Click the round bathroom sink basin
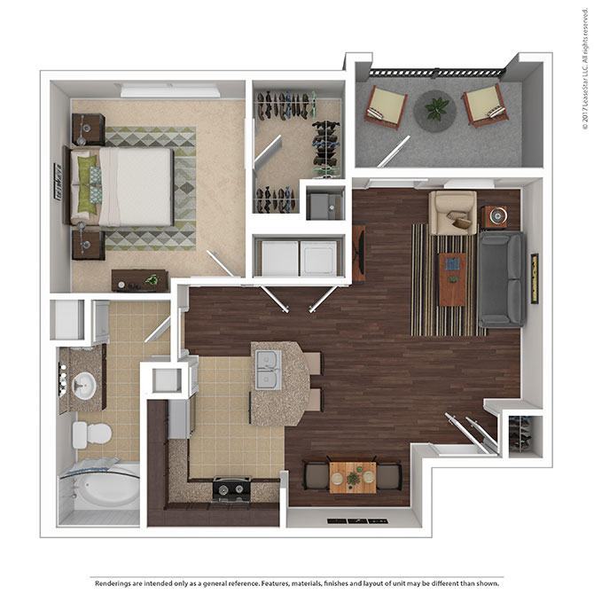[x=86, y=387]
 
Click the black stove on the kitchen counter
[x=231, y=488]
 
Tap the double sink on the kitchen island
[x=269, y=368]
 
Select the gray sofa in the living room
[x=502, y=279]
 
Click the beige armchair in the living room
[x=452, y=212]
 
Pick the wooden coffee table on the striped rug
[x=453, y=277]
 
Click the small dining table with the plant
[x=352, y=477]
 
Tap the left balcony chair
[x=386, y=106]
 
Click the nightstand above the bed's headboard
[x=88, y=129]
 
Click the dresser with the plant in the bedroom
[x=139, y=280]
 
